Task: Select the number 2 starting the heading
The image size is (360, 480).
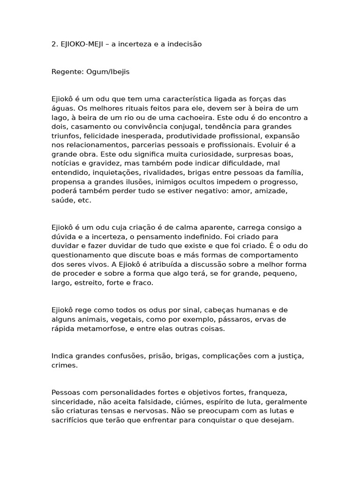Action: [x=54, y=44]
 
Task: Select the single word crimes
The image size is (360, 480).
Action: [x=64, y=365]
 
